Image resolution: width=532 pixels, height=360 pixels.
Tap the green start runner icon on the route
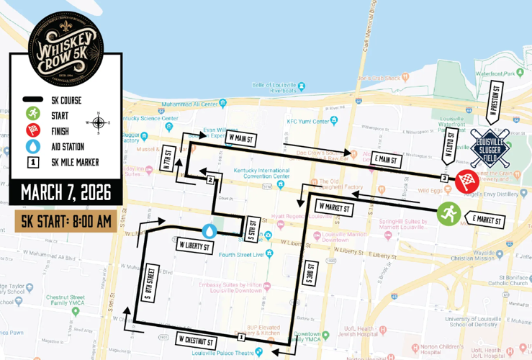pyautogui.click(x=448, y=214)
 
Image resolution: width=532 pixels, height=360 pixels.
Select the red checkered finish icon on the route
pyautogui.click(x=466, y=181)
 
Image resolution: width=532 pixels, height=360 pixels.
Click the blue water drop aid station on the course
pyautogui.click(x=209, y=230)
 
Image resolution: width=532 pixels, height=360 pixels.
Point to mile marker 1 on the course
pyautogui.click(x=240, y=336)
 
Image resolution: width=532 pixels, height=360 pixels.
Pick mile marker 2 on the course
pyautogui.click(x=210, y=180)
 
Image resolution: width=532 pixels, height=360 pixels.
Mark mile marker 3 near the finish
pyautogui.click(x=445, y=178)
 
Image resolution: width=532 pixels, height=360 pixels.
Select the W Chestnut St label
pyautogui.click(x=195, y=339)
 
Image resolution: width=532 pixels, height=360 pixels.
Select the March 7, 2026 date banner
pyautogui.click(x=66, y=193)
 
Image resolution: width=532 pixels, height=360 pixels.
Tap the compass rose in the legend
pyautogui.click(x=99, y=122)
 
